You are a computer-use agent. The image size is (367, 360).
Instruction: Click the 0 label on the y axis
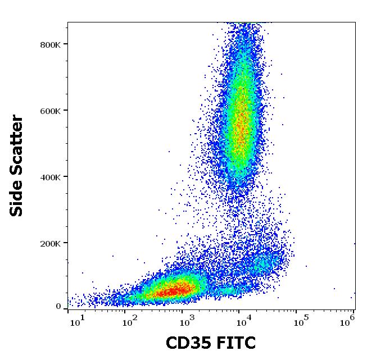pos(58,307)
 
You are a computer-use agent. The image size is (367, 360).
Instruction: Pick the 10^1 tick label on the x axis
pos(77,321)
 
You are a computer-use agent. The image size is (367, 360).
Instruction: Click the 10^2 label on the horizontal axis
pos(130,321)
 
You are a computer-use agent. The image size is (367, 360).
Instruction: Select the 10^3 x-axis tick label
pos(186,321)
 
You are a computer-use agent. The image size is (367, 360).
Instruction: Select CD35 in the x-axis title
pos(188,343)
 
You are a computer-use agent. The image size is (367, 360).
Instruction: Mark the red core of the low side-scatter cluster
pos(174,291)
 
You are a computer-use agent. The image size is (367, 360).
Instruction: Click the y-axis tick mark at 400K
pos(66,176)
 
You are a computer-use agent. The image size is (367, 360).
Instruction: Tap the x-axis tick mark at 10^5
pos(296,311)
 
